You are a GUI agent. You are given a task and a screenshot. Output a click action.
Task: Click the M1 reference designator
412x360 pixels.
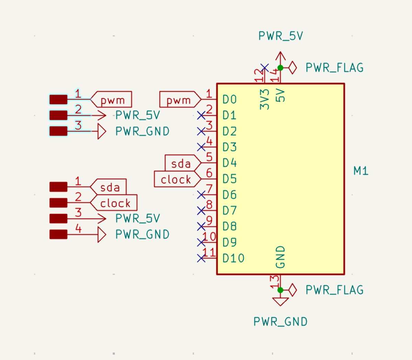click(361, 171)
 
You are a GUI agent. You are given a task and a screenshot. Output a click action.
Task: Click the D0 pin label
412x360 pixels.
click(229, 100)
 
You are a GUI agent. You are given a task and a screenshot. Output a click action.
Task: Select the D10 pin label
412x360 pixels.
click(233, 258)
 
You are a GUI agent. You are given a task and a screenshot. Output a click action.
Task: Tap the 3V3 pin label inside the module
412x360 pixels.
click(264, 99)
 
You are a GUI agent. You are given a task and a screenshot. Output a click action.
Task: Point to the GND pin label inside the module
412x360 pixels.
click(281, 257)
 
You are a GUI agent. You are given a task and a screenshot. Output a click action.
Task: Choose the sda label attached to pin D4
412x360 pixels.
click(181, 164)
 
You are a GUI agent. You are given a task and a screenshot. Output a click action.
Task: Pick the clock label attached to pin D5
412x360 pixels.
click(175, 179)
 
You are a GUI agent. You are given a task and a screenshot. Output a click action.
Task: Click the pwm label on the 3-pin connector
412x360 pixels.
click(113, 100)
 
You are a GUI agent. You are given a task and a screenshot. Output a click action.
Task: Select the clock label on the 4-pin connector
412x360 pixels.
click(115, 203)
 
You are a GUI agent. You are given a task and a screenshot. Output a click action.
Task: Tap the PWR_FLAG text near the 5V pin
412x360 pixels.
click(334, 68)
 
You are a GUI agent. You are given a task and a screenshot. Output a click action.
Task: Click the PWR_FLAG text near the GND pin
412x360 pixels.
click(334, 290)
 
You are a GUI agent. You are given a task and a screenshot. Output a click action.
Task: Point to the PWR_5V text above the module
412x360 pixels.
click(281, 36)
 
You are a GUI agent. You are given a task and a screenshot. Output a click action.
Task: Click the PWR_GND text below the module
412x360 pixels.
click(281, 322)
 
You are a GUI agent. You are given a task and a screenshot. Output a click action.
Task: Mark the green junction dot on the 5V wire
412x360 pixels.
click(280, 68)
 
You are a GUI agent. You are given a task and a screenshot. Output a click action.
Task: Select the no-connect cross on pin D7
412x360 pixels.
click(201, 210)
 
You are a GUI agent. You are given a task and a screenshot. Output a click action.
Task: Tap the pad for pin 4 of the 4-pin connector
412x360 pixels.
click(58, 235)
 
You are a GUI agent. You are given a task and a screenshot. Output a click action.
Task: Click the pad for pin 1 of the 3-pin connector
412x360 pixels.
click(58, 100)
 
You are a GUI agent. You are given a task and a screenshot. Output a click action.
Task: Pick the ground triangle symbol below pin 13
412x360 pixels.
click(281, 301)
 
